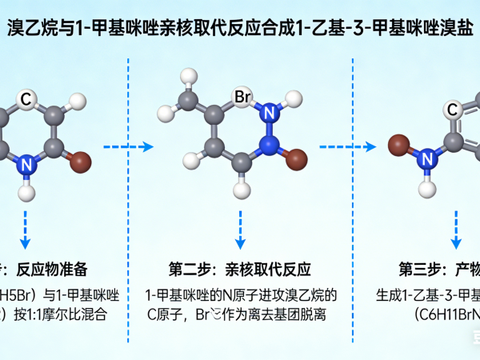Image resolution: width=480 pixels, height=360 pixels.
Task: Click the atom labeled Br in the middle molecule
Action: point(243,98)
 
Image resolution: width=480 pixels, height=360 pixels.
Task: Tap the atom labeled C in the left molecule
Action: point(26,99)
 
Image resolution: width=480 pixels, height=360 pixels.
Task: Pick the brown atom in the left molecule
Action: point(80,164)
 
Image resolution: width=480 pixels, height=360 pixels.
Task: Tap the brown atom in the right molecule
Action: point(398,146)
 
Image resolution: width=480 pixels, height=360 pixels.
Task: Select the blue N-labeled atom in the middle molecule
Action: point(269,111)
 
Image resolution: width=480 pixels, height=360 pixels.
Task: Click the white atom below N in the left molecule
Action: point(26,192)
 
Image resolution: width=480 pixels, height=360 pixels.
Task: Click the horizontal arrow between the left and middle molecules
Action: point(128,147)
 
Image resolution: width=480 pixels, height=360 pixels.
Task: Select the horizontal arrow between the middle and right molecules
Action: point(348,147)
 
